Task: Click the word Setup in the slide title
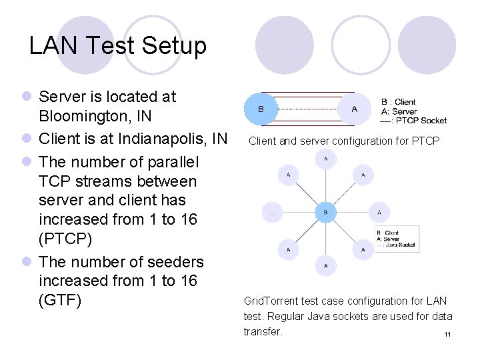point(175,46)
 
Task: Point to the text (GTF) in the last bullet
point(60,300)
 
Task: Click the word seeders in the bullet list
point(171,261)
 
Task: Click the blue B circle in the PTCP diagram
point(261,109)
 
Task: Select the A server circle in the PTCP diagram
point(354,109)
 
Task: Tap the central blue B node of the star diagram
point(325,213)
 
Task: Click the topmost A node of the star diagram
point(325,159)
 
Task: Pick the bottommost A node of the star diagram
point(325,265)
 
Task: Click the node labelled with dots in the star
point(272,213)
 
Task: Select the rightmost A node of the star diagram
point(379,213)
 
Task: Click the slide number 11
point(447,335)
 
